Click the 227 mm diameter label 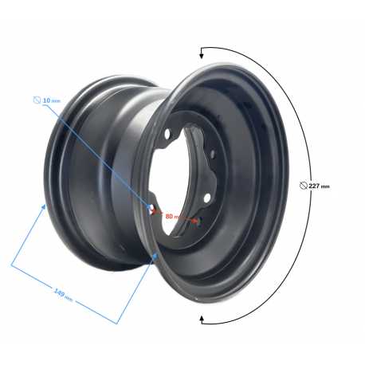[x=319, y=186]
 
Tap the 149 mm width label [x=63, y=294]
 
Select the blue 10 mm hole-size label [x=52, y=100]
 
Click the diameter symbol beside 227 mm [x=303, y=186]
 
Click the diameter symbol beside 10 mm [x=37, y=100]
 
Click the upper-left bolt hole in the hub [x=167, y=134]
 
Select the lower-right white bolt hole [x=207, y=198]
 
